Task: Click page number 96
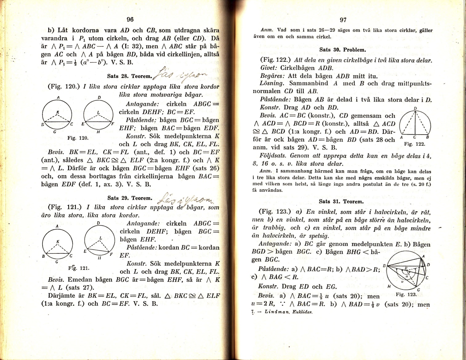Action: click(130, 19)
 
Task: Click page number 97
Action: click(343, 20)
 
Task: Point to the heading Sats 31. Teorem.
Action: click(341, 201)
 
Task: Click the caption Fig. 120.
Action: click(78, 138)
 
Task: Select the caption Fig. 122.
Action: click(415, 144)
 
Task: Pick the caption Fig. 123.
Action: click(406, 294)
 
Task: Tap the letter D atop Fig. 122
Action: click(415, 108)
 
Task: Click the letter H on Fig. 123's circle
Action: click(389, 286)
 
